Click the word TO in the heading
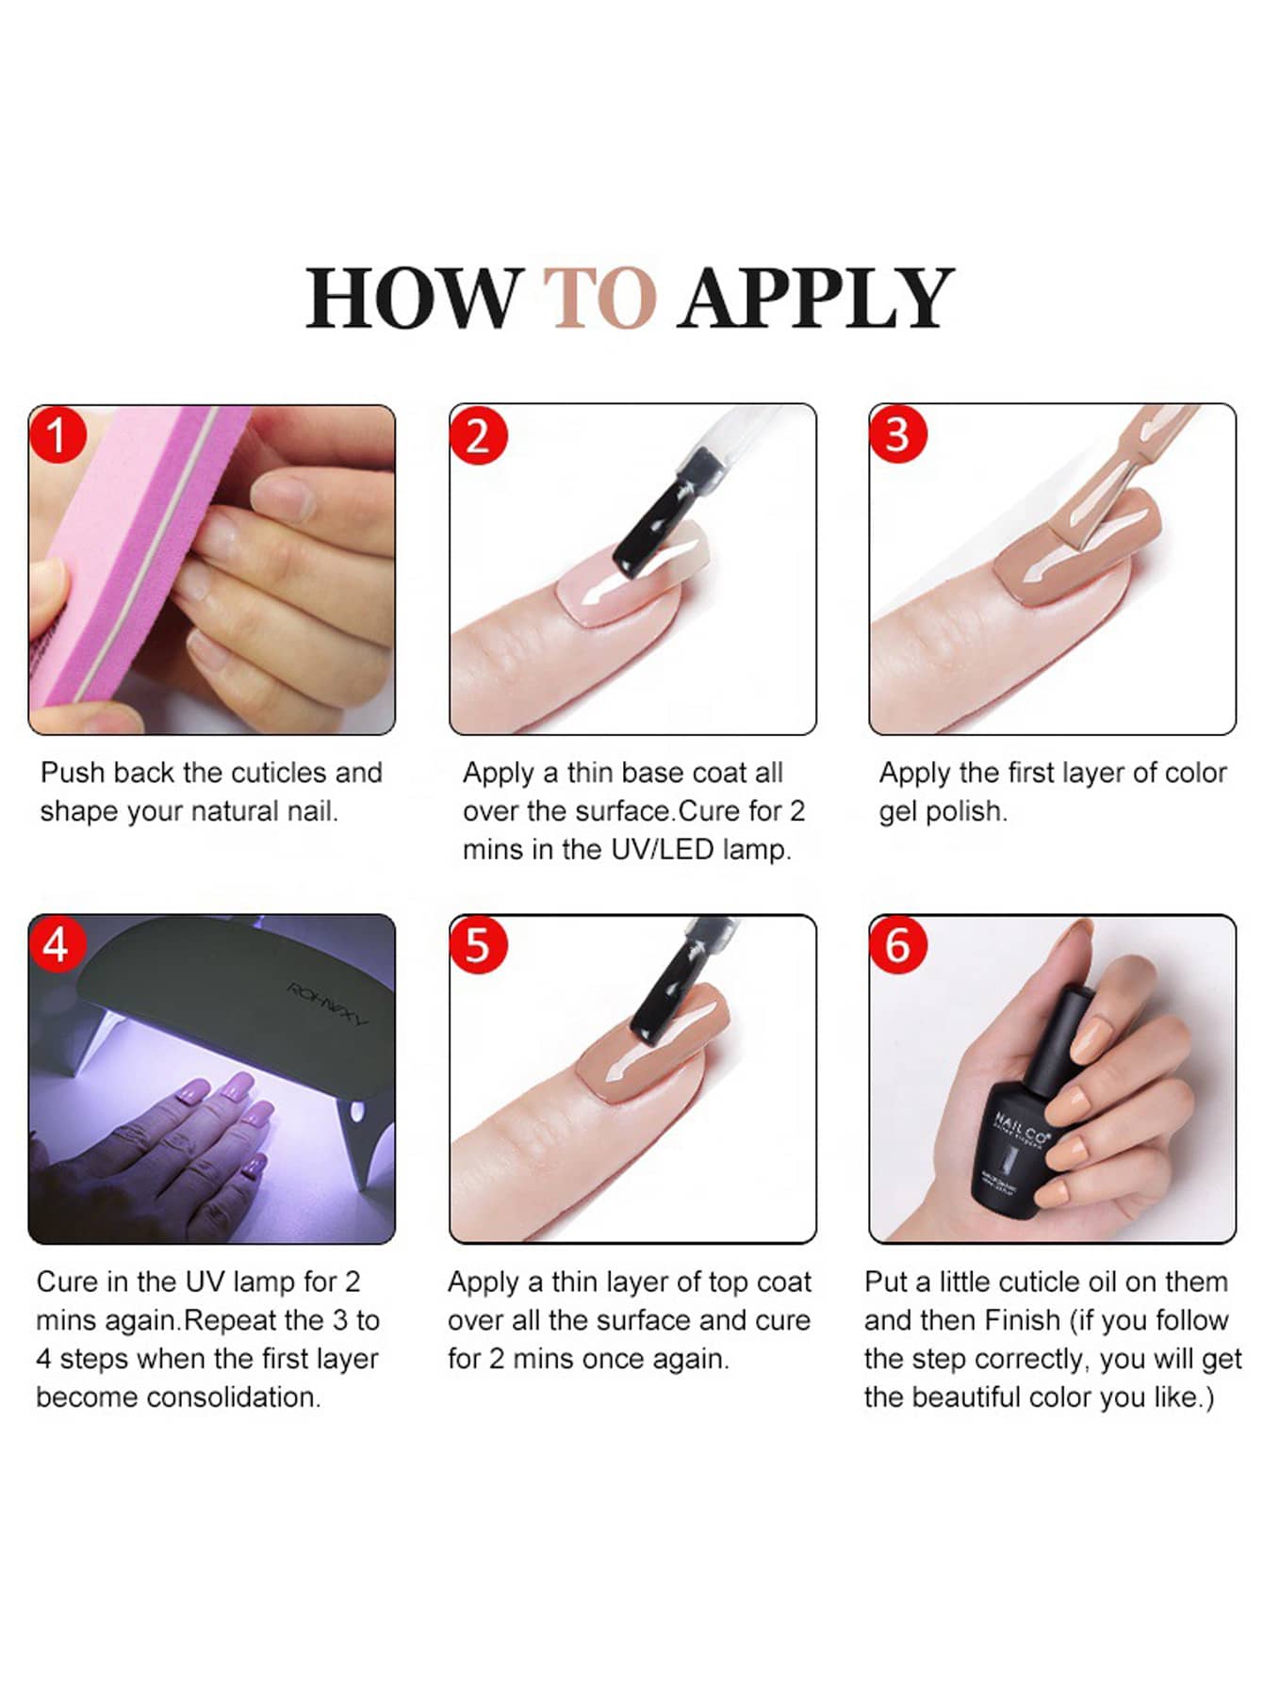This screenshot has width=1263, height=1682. [x=599, y=298]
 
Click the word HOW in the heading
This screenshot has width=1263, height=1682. [x=413, y=298]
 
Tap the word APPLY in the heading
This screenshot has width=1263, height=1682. [x=816, y=298]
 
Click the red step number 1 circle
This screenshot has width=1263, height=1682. [x=57, y=435]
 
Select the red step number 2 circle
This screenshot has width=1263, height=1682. [x=479, y=435]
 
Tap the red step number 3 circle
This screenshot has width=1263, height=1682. [x=897, y=435]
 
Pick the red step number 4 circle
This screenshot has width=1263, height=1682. [x=57, y=944]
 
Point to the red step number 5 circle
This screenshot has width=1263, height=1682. [x=479, y=944]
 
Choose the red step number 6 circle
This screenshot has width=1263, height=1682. [x=897, y=944]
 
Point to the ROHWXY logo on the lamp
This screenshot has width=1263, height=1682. [x=327, y=1004]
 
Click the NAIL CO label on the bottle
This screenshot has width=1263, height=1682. [x=1021, y=1128]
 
